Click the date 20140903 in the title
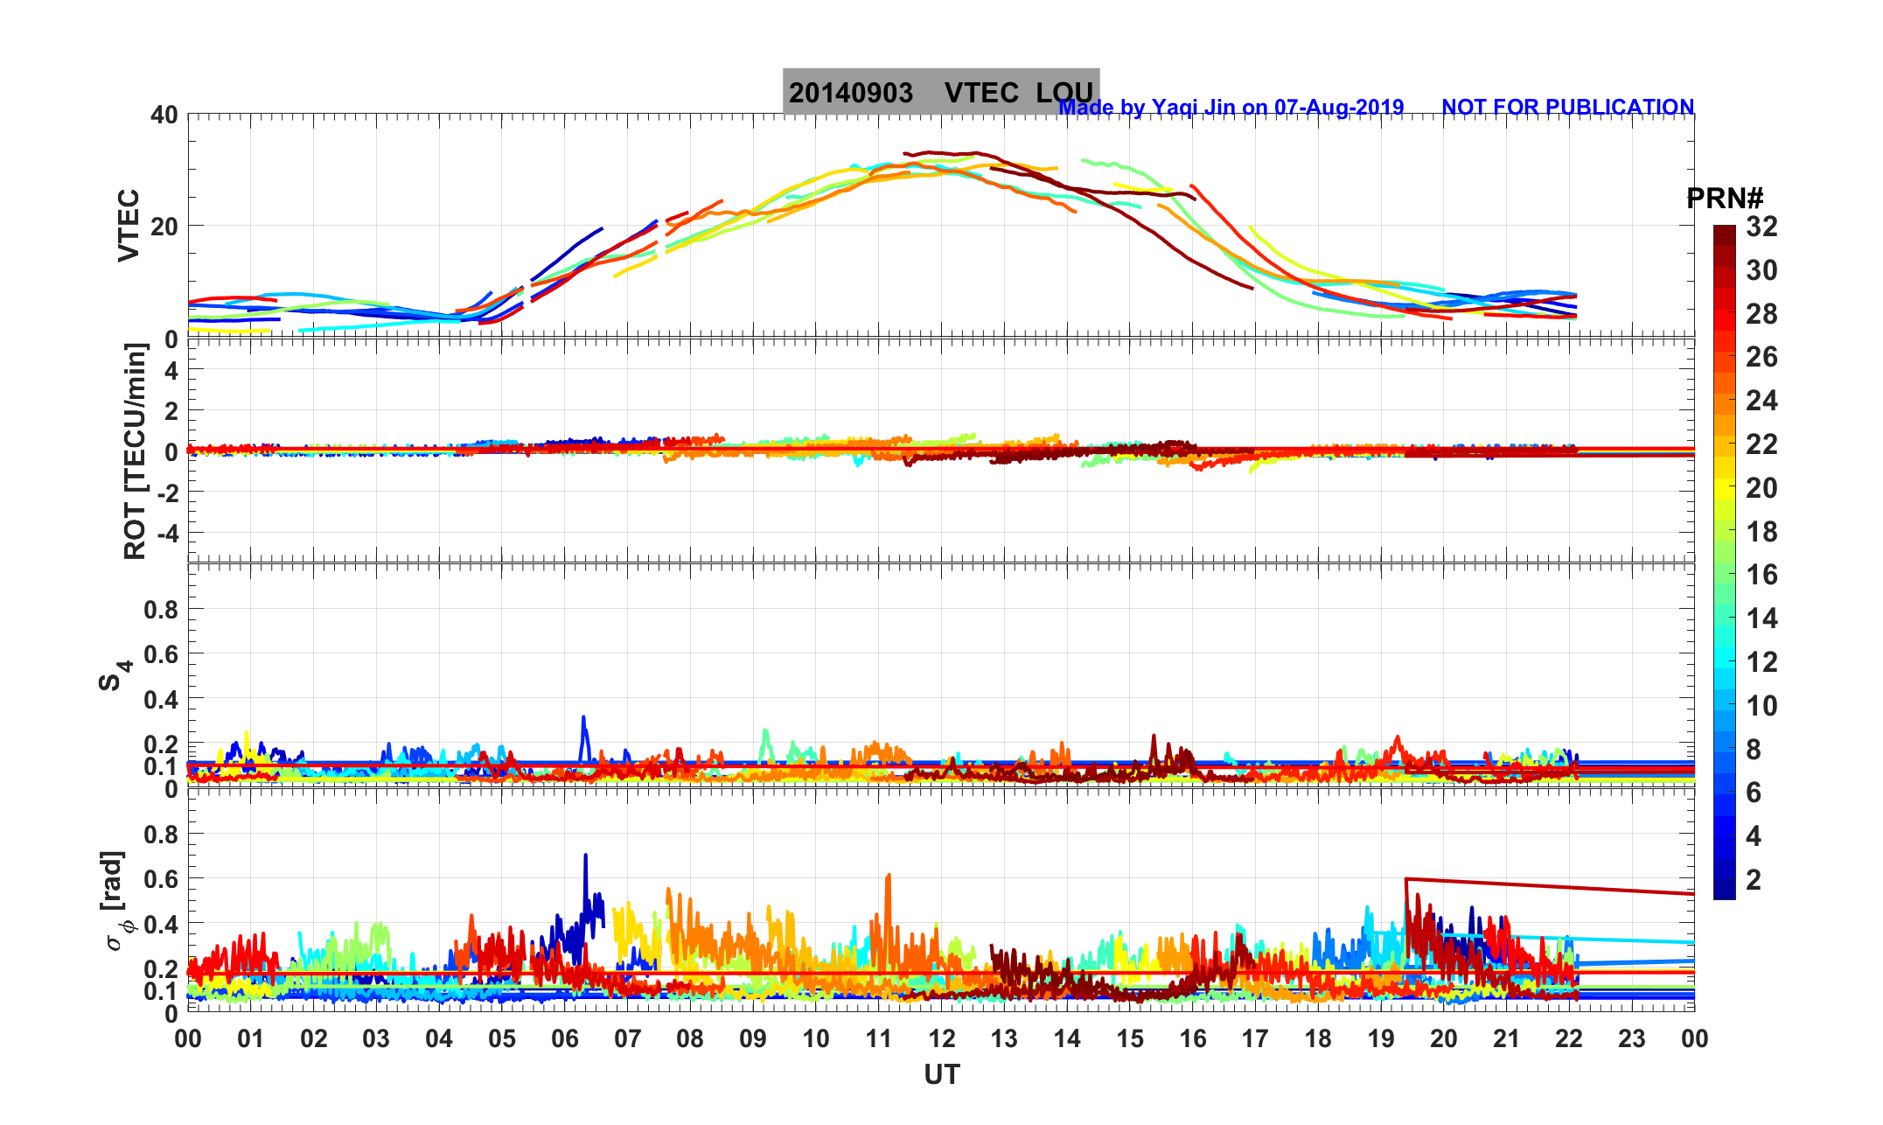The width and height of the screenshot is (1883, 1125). tap(850, 93)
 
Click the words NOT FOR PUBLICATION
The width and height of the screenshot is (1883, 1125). tap(1567, 107)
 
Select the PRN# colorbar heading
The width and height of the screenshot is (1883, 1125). tap(1724, 199)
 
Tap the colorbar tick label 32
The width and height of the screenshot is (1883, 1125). tap(1761, 227)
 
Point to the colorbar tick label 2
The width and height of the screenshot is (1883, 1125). tap(1753, 880)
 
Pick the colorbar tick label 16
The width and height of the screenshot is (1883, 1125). tap(1761, 575)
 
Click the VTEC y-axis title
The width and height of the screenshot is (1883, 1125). tap(129, 225)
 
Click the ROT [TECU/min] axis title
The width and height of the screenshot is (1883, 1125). tap(136, 451)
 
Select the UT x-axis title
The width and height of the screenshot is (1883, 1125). tap(942, 1074)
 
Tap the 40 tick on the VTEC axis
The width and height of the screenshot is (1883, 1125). tap(164, 115)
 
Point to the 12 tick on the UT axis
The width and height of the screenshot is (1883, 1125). tap(942, 1039)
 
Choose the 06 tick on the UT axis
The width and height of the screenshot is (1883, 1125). tap(565, 1039)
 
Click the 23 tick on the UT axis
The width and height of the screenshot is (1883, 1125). tap(1632, 1039)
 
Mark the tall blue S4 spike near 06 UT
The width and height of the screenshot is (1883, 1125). tap(583, 719)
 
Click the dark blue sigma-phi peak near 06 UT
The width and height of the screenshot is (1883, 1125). tap(585, 856)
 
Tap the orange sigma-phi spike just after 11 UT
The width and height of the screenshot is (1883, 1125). tap(889, 876)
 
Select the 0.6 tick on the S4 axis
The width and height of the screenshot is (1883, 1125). tap(161, 654)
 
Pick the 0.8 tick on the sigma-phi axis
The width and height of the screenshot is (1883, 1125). tap(161, 835)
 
